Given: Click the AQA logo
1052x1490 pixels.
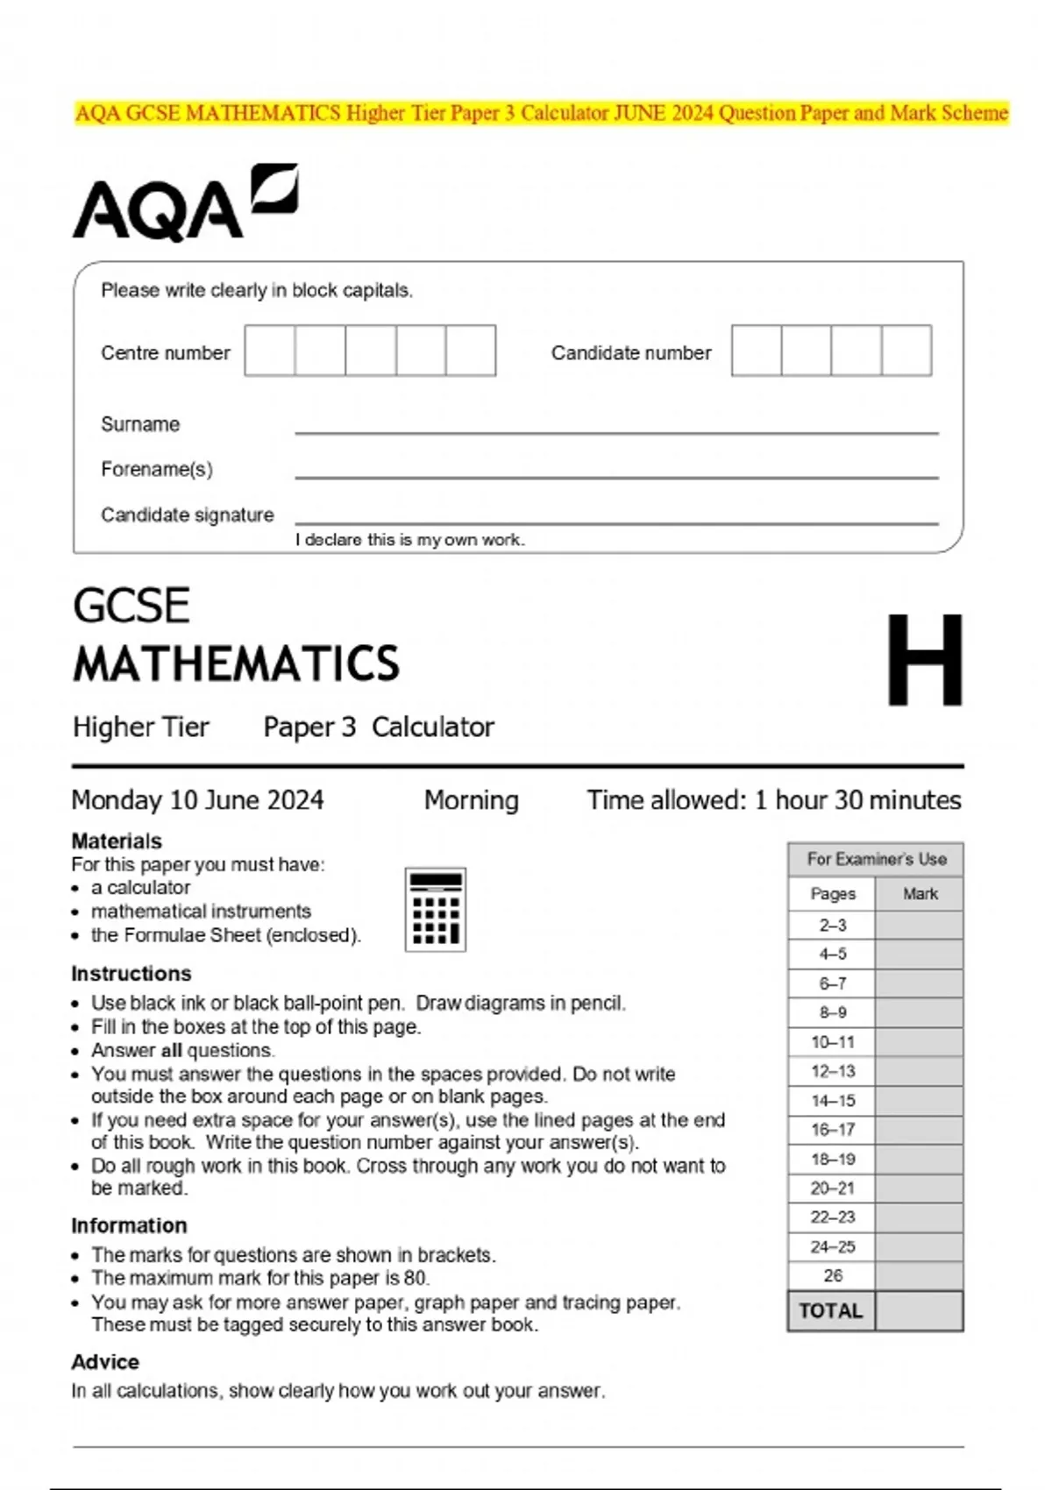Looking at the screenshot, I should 184,203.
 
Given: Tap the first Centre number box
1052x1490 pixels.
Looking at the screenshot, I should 269,351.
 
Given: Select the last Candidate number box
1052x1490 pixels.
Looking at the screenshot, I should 906,351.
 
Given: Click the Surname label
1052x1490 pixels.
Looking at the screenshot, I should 140,424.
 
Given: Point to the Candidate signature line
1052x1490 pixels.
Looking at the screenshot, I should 615,522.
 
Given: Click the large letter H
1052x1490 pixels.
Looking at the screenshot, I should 924,659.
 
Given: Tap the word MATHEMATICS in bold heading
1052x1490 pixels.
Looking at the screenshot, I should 236,663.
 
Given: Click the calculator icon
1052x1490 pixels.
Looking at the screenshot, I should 435,910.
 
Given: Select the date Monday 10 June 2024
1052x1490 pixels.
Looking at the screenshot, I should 197,800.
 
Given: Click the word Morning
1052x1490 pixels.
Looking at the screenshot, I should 471,800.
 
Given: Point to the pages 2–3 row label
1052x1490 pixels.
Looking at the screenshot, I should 832,926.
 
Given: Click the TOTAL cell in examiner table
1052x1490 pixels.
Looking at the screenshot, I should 830,1311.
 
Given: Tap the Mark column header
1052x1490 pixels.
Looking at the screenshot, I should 920,894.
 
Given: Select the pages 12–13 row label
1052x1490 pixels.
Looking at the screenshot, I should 832,1071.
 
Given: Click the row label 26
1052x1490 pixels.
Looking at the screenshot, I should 832,1276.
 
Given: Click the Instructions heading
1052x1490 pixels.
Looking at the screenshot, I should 131,974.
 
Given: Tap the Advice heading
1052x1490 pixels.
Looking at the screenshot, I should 105,1362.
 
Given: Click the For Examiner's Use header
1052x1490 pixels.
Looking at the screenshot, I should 876,859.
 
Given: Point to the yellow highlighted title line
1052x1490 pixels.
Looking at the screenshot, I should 541,113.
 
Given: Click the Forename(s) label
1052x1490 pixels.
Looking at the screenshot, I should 156,470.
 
